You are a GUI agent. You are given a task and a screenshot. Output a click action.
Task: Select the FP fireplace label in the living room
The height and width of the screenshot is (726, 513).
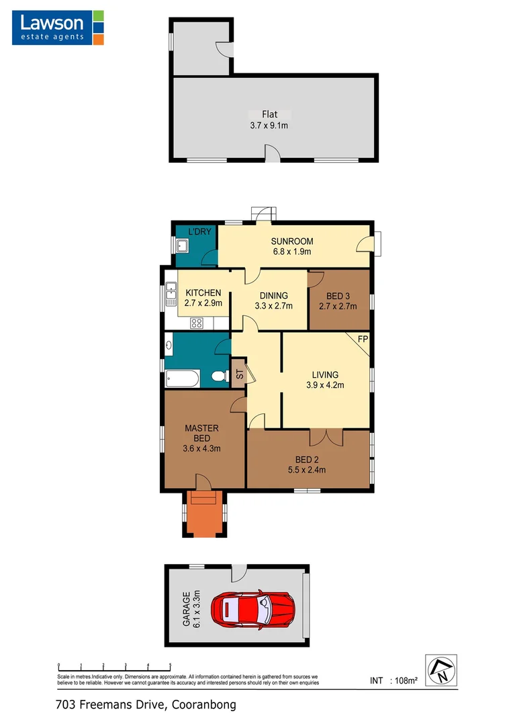363,338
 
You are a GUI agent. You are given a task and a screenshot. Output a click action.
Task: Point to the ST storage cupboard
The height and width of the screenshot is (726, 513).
239,374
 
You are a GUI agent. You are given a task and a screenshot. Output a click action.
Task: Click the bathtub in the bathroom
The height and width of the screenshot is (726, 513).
181,379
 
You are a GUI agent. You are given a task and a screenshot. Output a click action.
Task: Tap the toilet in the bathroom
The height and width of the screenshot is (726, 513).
218,378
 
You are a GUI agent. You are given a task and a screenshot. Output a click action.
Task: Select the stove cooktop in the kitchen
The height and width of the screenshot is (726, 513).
197,323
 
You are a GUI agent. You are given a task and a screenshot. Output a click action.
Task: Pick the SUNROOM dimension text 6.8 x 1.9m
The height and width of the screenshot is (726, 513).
292,252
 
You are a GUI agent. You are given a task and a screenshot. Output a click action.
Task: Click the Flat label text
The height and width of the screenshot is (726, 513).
270,114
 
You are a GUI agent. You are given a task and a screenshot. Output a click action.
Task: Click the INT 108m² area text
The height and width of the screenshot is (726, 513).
394,681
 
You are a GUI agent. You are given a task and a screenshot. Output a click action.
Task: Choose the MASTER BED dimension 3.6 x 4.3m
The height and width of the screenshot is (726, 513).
202,448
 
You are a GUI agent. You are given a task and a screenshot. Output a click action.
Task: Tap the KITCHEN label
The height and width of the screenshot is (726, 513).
203,292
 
